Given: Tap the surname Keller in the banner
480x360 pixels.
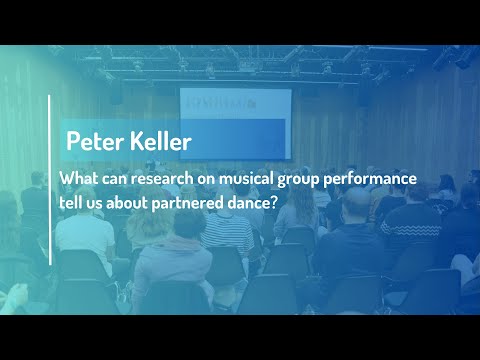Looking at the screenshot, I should pos(159,141).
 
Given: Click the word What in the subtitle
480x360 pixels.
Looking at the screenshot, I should pos(79,178).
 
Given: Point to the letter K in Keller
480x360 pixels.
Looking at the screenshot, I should pos(135,141).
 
